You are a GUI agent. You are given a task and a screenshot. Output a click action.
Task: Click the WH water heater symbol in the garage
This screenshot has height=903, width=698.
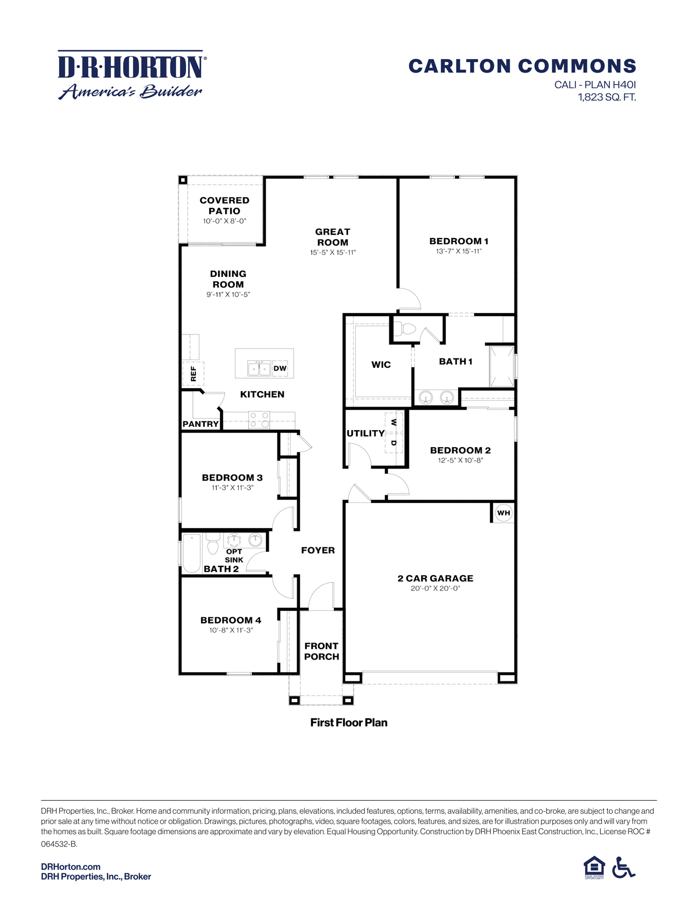[x=503, y=513]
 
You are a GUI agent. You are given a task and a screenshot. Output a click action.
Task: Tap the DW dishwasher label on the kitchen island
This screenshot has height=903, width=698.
[x=280, y=368]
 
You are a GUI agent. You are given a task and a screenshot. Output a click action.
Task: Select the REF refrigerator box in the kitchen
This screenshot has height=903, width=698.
[x=193, y=374]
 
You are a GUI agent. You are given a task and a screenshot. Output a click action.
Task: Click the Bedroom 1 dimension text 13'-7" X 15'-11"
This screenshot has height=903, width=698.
[x=459, y=251]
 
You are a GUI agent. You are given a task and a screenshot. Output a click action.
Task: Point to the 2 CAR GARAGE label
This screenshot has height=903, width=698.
[x=435, y=578]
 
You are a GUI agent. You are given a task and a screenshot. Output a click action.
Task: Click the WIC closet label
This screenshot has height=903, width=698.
[x=381, y=364]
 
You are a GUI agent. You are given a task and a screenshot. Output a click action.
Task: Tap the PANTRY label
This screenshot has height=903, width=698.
[x=200, y=424]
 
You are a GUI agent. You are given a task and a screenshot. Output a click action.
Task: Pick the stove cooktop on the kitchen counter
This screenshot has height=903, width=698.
[x=259, y=420]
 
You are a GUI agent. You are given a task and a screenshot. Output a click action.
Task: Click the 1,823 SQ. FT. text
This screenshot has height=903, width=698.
[x=607, y=97]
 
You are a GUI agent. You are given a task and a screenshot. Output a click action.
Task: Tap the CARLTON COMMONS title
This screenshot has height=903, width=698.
[x=522, y=66]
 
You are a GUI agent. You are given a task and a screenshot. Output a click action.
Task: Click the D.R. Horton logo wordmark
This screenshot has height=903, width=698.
[x=131, y=67]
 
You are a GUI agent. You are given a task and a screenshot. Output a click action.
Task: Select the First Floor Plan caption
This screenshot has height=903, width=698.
[x=349, y=722]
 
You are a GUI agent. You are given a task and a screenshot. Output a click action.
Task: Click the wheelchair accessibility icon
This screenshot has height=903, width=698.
[x=623, y=867]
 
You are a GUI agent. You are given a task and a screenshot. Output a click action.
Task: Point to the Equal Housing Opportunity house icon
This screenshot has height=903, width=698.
[x=594, y=867]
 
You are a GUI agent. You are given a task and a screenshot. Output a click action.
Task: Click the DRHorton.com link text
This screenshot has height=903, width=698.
[x=71, y=866]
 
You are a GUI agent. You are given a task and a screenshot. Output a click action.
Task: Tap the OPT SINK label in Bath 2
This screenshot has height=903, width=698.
[x=234, y=555]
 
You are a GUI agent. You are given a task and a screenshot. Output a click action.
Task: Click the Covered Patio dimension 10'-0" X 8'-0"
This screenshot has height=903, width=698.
[x=224, y=221]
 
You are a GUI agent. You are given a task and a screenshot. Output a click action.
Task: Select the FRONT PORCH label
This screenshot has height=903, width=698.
[x=321, y=651]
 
